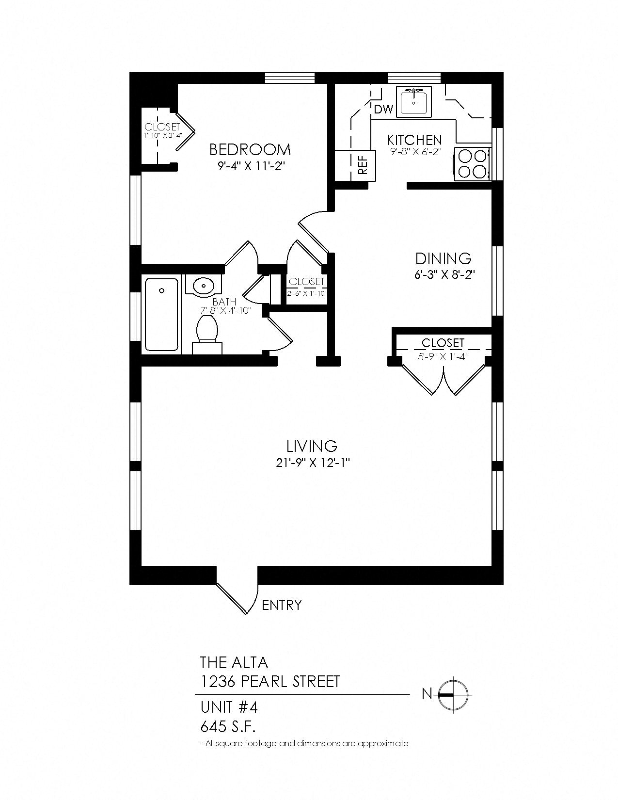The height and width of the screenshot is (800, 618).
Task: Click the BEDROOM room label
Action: pyautogui.click(x=250, y=150)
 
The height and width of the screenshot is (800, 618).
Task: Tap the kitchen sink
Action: pyautogui.click(x=414, y=102)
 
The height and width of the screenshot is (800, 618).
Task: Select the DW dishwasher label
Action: pyautogui.click(x=384, y=110)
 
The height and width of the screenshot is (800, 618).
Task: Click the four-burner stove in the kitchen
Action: pyautogui.click(x=473, y=164)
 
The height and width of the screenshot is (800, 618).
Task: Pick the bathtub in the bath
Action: pyautogui.click(x=161, y=314)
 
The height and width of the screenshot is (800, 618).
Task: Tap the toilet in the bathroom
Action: pyautogui.click(x=207, y=335)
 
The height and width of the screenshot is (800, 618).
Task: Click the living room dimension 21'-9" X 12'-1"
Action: pyautogui.click(x=312, y=463)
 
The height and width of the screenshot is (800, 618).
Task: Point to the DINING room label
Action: pyautogui.click(x=443, y=259)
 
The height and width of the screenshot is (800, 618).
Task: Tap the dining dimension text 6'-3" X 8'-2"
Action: pyautogui.click(x=443, y=275)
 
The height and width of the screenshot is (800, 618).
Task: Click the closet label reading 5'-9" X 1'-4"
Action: pyautogui.click(x=443, y=356)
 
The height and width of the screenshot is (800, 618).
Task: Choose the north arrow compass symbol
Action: pyautogui.click(x=452, y=695)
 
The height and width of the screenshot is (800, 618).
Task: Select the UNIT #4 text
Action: pyautogui.click(x=229, y=707)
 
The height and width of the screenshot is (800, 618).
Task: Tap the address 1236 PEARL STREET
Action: pyautogui.click(x=270, y=681)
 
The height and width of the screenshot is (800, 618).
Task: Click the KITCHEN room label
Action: pyautogui.click(x=414, y=140)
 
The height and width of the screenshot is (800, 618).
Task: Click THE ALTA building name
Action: pyautogui.click(x=234, y=662)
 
